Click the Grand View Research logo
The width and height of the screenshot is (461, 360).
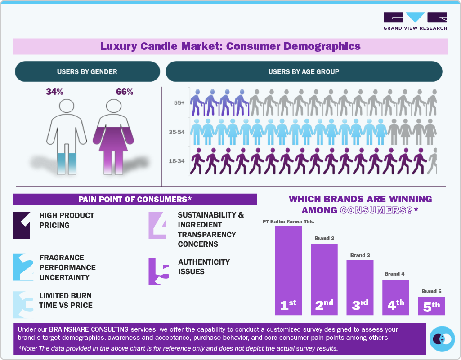[x=415, y=21]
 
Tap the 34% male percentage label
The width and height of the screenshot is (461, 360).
[x=54, y=92]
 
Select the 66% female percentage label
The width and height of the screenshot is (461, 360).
[x=125, y=92]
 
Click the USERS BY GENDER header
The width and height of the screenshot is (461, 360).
[x=87, y=71]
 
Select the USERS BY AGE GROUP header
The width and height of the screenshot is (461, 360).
[x=304, y=71]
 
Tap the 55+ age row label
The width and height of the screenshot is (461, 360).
[x=179, y=103]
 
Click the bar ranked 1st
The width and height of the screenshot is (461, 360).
[x=288, y=270]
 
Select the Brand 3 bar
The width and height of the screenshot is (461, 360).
[x=360, y=287]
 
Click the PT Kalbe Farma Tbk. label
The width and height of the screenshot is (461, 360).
[x=288, y=222]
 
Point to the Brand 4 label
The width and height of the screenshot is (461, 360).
[x=395, y=274]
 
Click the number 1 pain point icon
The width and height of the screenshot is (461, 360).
[x=22, y=225]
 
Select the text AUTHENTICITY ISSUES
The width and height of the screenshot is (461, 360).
[x=204, y=267]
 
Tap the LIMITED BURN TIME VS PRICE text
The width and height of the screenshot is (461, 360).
[x=66, y=301]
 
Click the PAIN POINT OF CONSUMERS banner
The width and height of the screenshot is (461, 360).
[x=135, y=199]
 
